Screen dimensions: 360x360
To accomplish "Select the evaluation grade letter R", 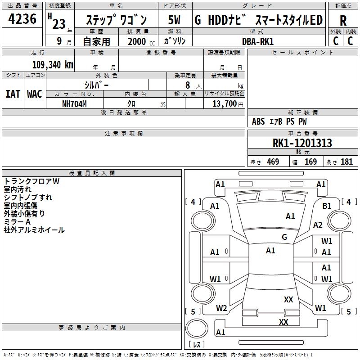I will coord(343,21).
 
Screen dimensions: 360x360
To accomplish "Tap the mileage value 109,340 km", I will coord(52,64).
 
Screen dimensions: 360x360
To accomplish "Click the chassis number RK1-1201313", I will coord(302,143).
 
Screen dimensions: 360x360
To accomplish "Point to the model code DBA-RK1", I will coord(257,41).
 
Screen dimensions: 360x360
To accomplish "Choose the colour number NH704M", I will coord(74,103).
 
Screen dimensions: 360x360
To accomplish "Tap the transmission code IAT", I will coord(13,94).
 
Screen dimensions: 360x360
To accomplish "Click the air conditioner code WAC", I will coord(35,94).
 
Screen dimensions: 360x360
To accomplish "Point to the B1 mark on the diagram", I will coord(327,206).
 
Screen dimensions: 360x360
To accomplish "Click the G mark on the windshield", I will coord(284,237).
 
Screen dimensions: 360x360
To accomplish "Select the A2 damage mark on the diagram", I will coord(318,225).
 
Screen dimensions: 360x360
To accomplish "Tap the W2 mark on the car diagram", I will coord(221,308).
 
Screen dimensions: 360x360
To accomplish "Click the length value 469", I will coord(273,162).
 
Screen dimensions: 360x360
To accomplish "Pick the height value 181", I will coord(346,162).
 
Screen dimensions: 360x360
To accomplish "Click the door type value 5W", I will coord(174,20).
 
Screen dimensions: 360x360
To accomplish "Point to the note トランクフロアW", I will coord(31,181).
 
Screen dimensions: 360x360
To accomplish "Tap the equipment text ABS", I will coord(258,121).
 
